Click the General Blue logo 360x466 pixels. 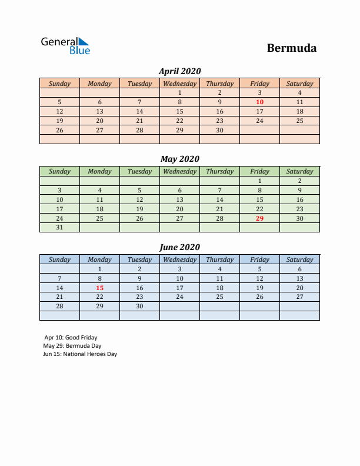click(65, 45)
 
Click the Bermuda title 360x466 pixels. click(291, 48)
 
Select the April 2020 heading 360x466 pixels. click(179, 71)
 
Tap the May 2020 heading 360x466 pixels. click(179, 158)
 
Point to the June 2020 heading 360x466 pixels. click(179, 247)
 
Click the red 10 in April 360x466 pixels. click(259, 102)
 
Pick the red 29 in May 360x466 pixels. click(259, 218)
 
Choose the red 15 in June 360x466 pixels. click(99, 288)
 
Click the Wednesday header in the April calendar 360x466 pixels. click(179, 84)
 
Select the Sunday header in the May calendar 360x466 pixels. click(59, 171)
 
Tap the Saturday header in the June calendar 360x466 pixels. click(299, 259)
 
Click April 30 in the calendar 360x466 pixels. click(219, 130)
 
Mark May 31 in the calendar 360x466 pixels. click(59, 228)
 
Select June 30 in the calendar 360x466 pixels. click(139, 307)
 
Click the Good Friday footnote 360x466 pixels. click(71, 338)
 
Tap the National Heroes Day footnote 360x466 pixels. click(80, 354)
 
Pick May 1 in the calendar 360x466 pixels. click(259, 181)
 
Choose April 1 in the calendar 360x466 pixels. click(179, 92)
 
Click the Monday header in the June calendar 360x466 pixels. click(99, 259)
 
